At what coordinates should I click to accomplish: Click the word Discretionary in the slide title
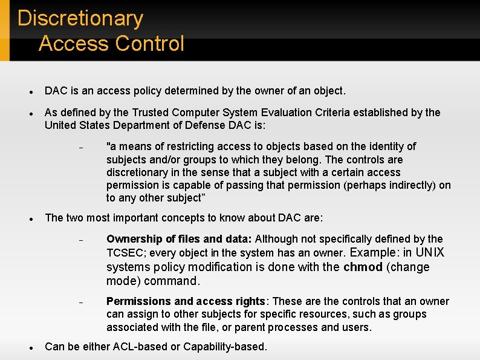(x=80, y=19)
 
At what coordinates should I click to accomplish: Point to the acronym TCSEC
(x=124, y=253)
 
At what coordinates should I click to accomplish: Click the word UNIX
(x=429, y=253)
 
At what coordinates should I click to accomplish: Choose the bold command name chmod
(x=363, y=267)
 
